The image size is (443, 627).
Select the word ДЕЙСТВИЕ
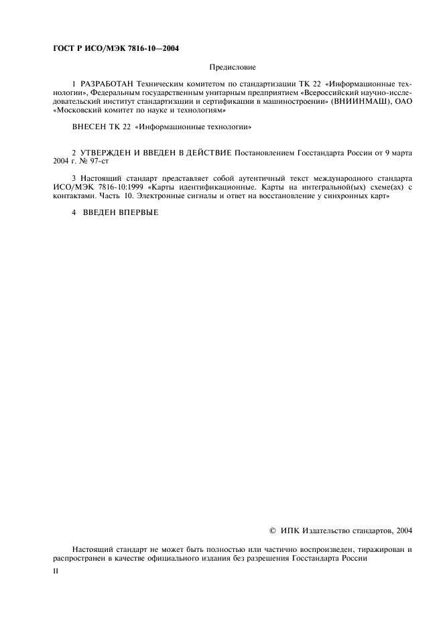click(x=210, y=153)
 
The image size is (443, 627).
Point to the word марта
click(x=400, y=153)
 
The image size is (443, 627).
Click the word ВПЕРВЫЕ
click(x=134, y=220)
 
